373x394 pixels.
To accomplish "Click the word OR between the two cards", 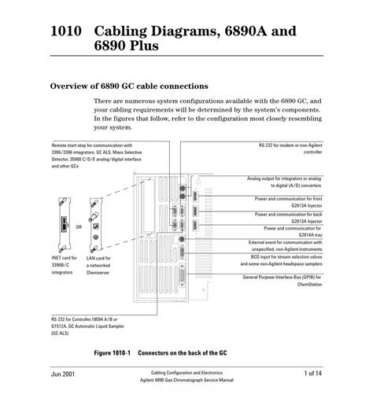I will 79,226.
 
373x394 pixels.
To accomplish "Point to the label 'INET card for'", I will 67,258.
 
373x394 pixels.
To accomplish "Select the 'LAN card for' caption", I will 98,258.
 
